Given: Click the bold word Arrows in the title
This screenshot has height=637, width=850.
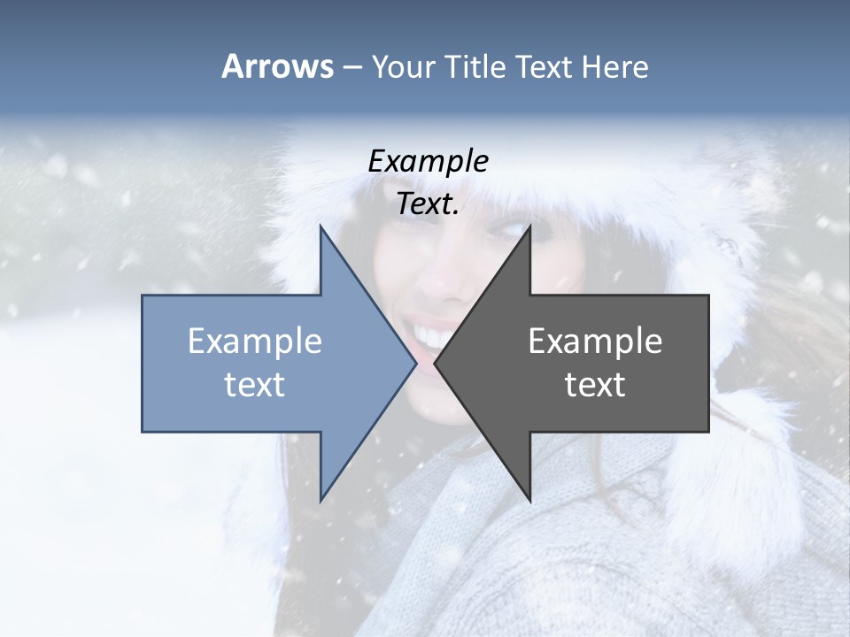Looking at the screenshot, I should [x=277, y=66].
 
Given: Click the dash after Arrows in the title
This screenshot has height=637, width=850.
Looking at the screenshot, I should [x=352, y=67].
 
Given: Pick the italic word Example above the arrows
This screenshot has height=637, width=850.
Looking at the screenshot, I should [x=428, y=161].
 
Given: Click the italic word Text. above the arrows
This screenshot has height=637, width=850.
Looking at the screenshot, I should [x=428, y=204].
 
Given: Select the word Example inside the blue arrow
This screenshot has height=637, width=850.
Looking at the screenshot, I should [x=255, y=342].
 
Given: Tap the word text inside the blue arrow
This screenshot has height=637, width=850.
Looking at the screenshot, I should [x=255, y=385].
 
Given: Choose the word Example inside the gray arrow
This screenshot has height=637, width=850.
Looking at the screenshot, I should [x=595, y=342].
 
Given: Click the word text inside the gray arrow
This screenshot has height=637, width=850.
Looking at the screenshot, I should [x=595, y=385].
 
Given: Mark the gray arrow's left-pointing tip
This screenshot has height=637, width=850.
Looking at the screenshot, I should [x=436, y=363].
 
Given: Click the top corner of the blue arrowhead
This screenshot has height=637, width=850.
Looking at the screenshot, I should [x=321, y=226].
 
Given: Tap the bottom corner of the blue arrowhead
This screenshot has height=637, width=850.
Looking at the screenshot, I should [x=321, y=500].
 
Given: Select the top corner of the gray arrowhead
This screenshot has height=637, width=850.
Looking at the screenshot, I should [x=529, y=226].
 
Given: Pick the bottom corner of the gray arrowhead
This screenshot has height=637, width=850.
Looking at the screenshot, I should [x=529, y=500].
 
